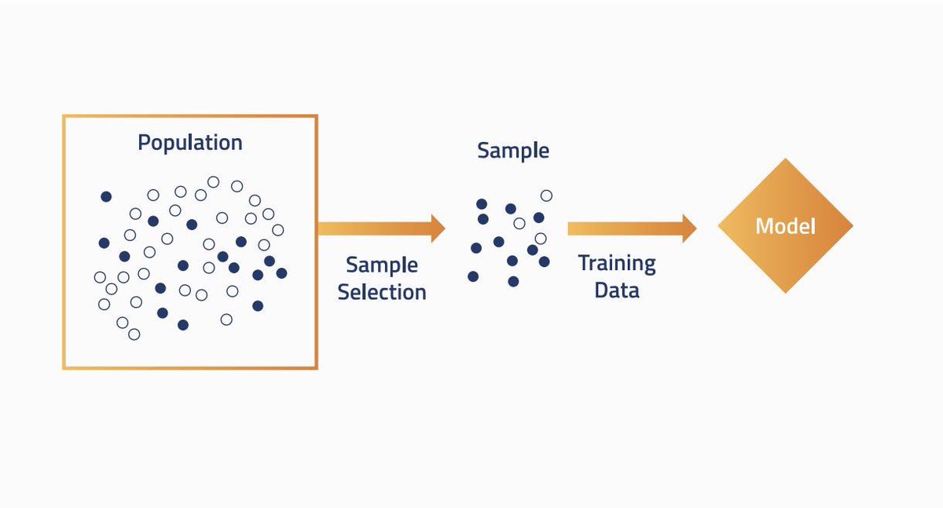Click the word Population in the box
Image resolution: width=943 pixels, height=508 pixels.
point(190,143)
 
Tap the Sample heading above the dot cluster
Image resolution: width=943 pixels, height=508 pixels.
point(513,151)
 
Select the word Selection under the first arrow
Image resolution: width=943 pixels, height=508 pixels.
point(382,292)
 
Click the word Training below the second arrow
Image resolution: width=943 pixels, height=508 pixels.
point(617,264)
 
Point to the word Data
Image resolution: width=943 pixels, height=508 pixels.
point(617,291)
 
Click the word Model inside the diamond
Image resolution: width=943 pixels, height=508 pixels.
point(786,226)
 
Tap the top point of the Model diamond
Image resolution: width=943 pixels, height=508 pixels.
point(786,159)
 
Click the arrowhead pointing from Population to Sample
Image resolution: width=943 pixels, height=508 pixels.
point(438,228)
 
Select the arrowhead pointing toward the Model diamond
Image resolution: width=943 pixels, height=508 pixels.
point(690,228)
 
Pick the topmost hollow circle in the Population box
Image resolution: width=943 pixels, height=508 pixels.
point(214,182)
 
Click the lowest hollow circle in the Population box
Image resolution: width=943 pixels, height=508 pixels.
point(134,334)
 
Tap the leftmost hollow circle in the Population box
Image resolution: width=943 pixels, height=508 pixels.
point(100,277)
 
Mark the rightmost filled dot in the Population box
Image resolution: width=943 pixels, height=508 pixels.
point(281,273)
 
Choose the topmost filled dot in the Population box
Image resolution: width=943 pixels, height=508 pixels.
point(106,196)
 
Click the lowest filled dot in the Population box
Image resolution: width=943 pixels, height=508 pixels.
point(183,324)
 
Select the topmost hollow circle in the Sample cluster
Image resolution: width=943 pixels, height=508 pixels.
point(546,196)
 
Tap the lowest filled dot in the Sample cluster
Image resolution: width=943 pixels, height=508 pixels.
point(513,281)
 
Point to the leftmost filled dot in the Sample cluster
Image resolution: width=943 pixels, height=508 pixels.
point(473,276)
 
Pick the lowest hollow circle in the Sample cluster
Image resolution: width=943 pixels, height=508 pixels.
point(541,239)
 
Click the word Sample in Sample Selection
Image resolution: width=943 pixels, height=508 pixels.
point(382,265)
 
